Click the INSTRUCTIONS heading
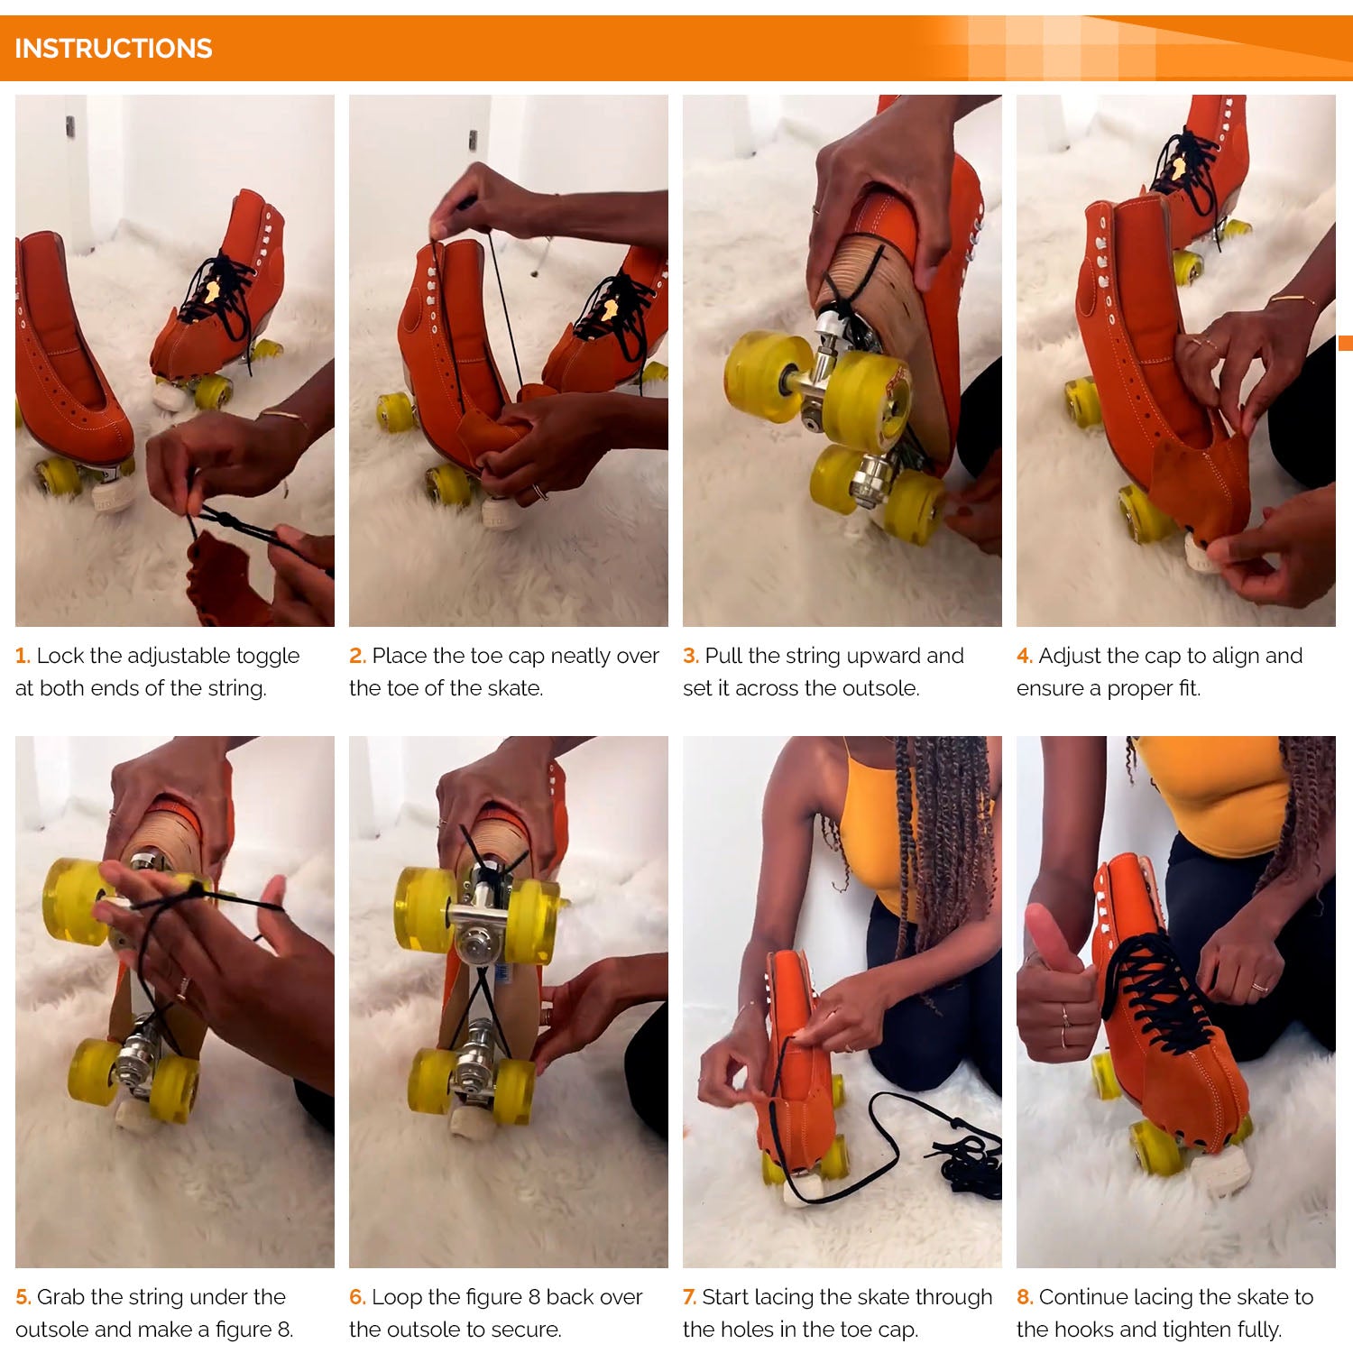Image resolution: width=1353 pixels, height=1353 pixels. point(114,48)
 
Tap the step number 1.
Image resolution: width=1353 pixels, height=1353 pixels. point(23,656)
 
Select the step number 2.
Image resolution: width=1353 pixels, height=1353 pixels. point(357,656)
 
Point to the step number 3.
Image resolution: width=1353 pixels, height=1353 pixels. point(691,656)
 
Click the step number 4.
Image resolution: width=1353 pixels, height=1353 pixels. point(1025,656)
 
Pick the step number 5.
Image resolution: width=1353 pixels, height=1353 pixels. point(23,1297)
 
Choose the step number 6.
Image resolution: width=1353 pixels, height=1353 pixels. point(357,1297)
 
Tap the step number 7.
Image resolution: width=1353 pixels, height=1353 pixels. point(690,1297)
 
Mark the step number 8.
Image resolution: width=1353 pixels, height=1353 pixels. point(1025,1297)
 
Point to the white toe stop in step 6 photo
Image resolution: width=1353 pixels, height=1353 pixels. point(470,1121)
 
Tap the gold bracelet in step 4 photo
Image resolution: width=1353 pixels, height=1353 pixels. point(1291,299)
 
